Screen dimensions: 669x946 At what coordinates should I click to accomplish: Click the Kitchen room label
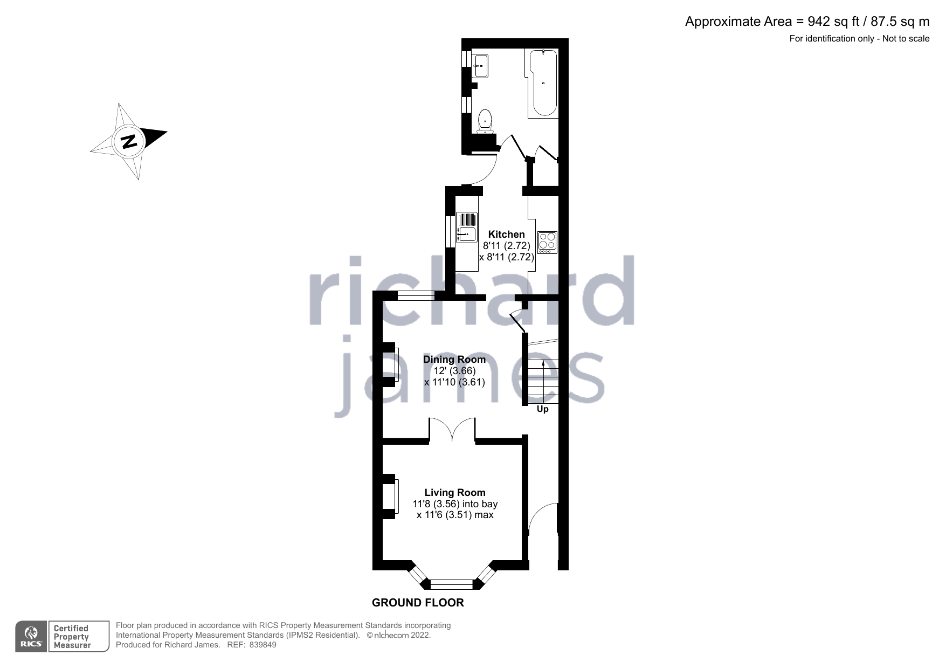[506, 235]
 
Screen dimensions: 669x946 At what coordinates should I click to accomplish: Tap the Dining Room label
[454, 360]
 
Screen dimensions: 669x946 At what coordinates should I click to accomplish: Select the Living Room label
[455, 493]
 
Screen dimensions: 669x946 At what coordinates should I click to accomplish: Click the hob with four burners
[547, 243]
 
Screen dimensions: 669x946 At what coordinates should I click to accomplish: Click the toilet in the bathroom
[485, 121]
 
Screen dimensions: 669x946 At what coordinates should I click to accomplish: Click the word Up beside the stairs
[542, 409]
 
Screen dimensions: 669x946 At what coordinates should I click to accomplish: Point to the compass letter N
[129, 141]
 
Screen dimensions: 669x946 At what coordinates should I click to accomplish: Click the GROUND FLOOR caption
[418, 603]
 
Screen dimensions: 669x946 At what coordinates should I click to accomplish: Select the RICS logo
[31, 637]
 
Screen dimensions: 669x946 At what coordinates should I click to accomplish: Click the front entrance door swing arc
[542, 519]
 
